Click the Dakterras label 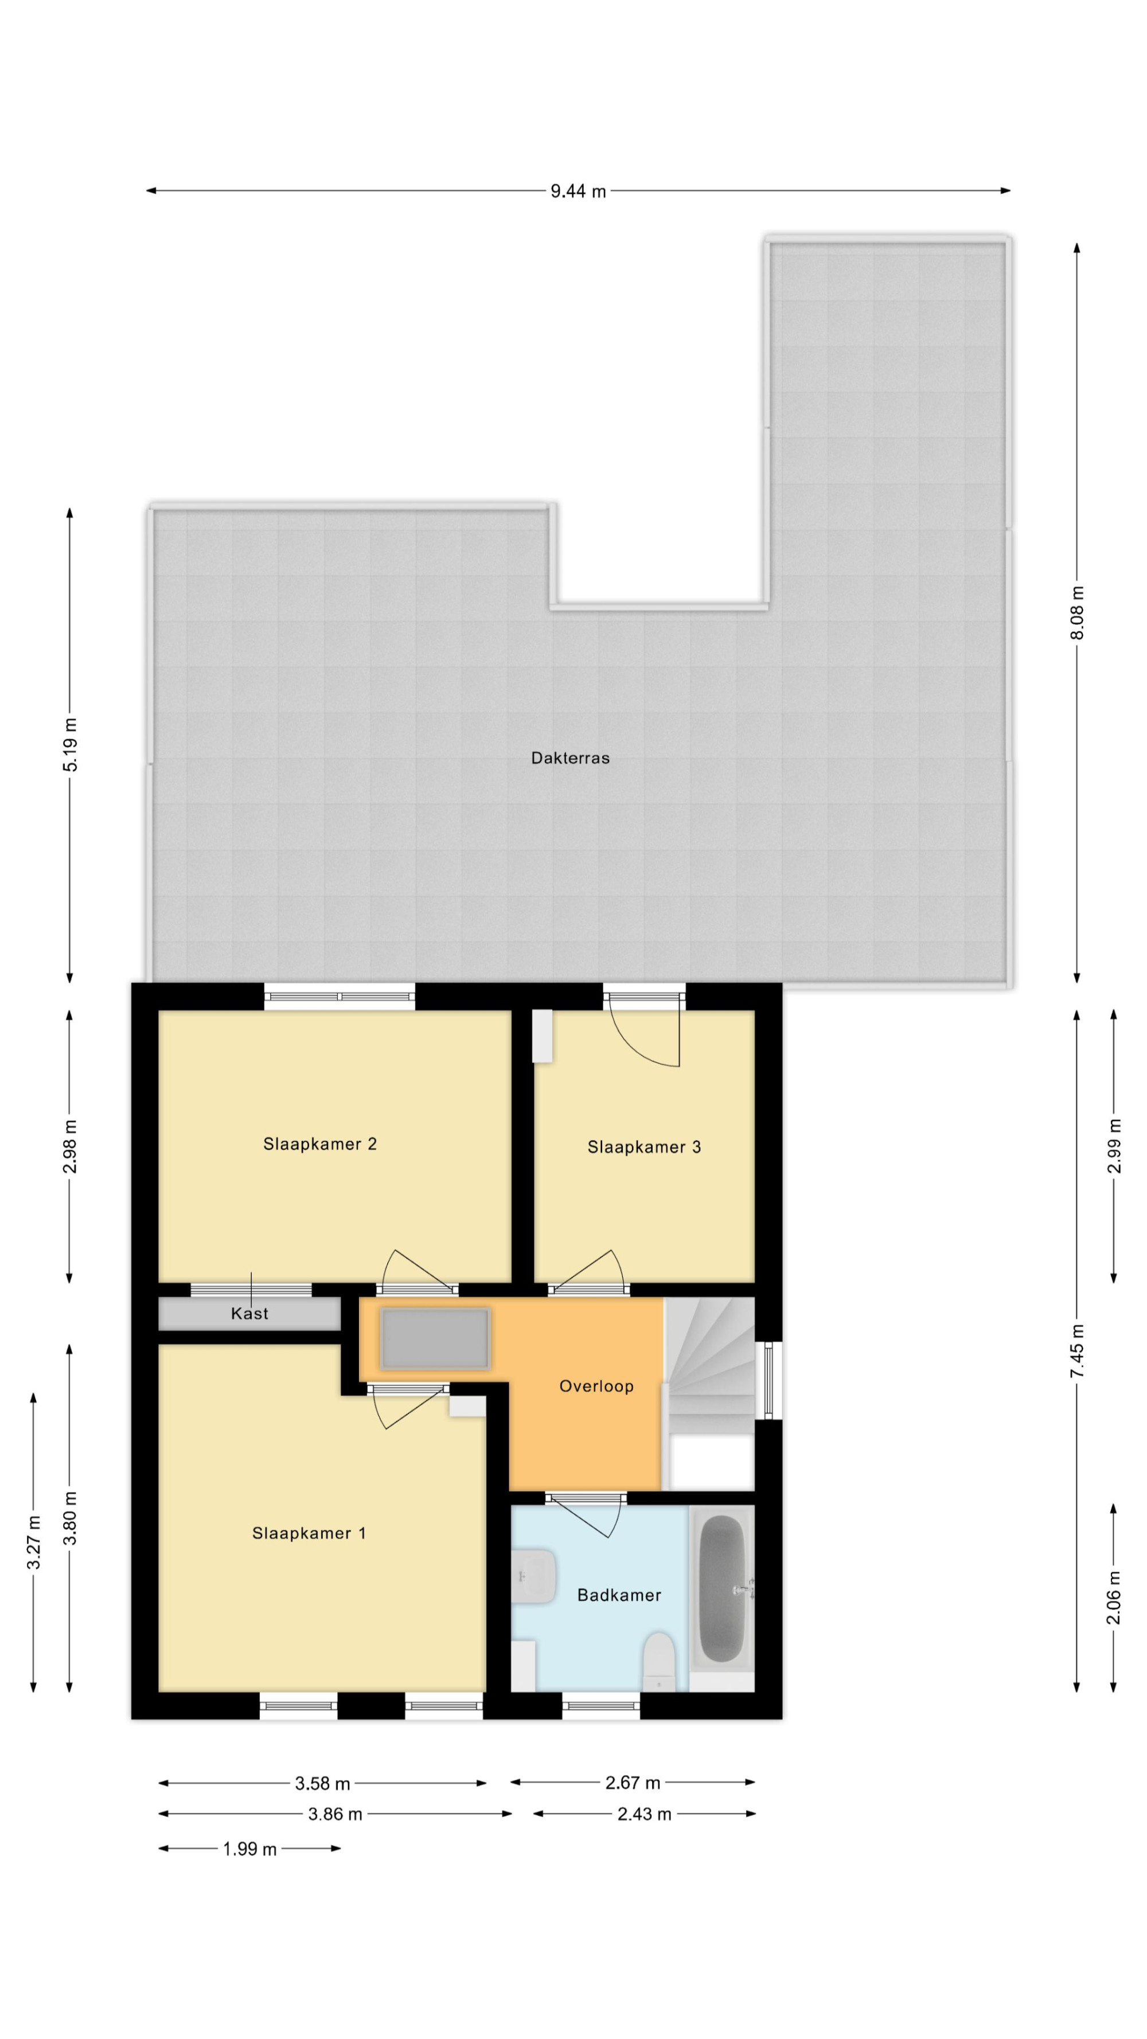point(570,757)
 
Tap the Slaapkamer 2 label point(320,1144)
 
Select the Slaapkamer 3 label point(643,1147)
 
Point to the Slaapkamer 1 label point(309,1533)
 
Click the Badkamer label point(619,1595)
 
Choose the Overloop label point(596,1386)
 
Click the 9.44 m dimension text point(579,192)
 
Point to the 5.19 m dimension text point(71,744)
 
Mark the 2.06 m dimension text point(1114,1597)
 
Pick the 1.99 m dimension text point(249,1849)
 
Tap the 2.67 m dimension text point(633,1783)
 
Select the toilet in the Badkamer point(658,1662)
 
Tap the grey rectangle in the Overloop point(435,1338)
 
